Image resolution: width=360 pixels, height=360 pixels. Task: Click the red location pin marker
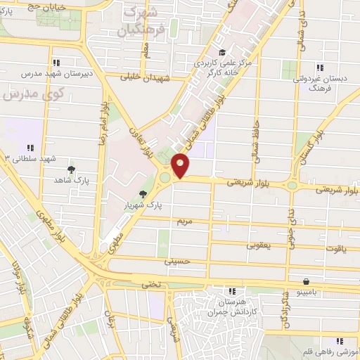[x=181, y=165]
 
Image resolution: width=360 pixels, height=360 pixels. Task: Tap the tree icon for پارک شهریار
[x=143, y=194]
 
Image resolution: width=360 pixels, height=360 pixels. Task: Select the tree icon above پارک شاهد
[x=71, y=169]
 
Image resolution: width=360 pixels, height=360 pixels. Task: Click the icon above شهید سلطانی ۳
[x=30, y=148]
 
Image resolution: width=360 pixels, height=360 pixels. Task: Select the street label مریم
[x=184, y=221]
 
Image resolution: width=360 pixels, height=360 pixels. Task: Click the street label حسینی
[x=177, y=261]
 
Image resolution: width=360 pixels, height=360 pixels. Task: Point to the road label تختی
[x=153, y=284]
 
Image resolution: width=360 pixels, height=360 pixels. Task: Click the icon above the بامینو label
[x=307, y=281]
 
